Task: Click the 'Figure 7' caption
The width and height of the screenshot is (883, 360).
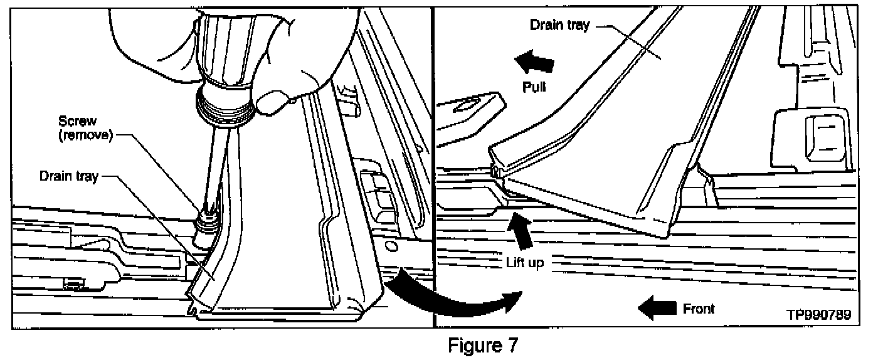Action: (x=482, y=346)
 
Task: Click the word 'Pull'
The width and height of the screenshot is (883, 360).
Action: (x=534, y=87)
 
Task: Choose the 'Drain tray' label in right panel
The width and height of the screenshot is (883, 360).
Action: (x=559, y=26)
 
